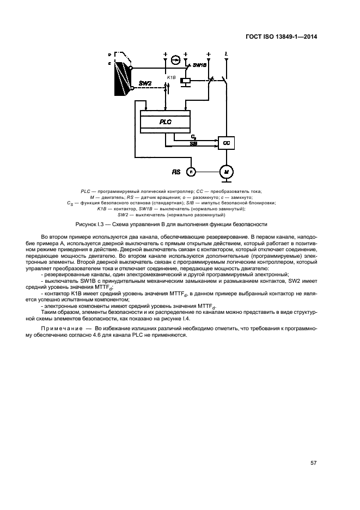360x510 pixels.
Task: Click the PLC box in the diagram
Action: (x=165, y=122)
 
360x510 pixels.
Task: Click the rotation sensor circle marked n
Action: (x=191, y=171)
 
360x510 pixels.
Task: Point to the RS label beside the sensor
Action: (x=176, y=172)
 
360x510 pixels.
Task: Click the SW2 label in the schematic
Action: (x=146, y=83)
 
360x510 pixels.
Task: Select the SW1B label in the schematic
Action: (x=200, y=65)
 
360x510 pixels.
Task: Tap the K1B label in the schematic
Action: (x=170, y=78)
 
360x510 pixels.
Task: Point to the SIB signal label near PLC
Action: (x=193, y=144)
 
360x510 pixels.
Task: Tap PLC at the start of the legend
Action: (x=84, y=191)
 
